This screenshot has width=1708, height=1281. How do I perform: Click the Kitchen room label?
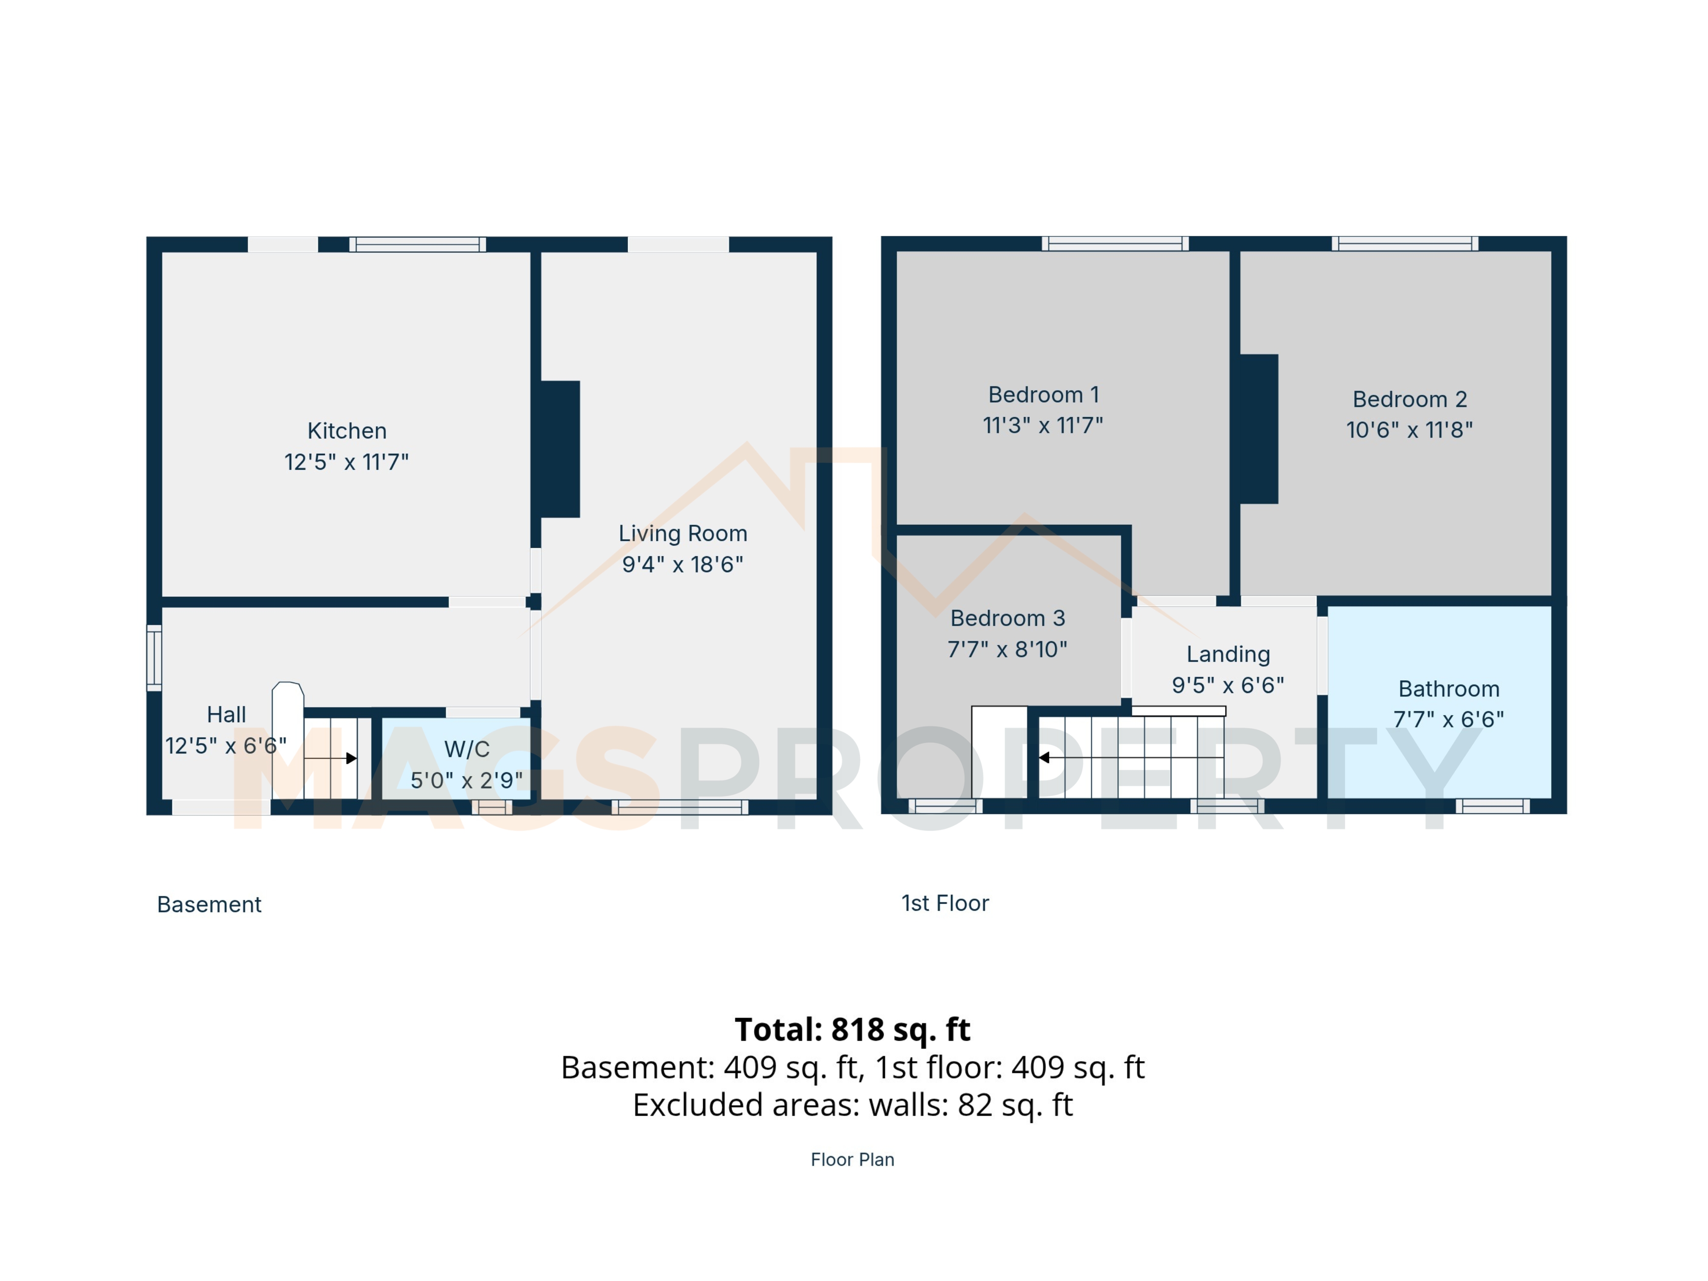347,431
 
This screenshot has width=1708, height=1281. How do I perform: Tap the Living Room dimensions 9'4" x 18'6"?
682,564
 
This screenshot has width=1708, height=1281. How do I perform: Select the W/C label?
466,749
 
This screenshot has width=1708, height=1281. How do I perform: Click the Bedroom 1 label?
1043,394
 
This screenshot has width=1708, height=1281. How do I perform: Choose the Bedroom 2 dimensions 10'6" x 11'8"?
1409,430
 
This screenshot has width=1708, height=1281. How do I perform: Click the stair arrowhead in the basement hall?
351,758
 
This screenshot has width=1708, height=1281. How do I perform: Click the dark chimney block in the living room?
560,449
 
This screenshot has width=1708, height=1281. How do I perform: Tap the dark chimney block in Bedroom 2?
1259,429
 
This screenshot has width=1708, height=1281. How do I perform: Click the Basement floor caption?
209,905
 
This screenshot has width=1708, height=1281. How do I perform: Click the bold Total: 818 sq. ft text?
852,1029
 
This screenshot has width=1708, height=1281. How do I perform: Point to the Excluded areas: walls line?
852,1105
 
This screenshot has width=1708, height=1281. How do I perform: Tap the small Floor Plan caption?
852,1160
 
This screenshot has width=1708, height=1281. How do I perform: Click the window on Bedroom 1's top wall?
1115,244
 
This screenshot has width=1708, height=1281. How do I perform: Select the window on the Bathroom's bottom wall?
1492,806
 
